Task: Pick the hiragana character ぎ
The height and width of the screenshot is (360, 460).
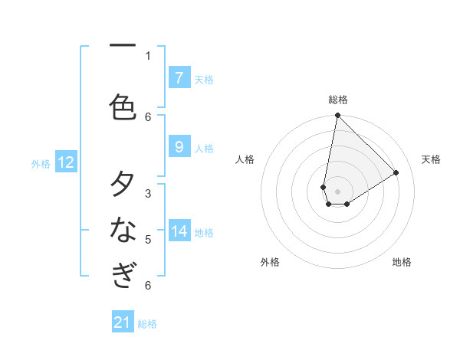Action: click(x=123, y=274)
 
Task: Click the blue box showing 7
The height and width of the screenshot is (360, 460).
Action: click(x=179, y=77)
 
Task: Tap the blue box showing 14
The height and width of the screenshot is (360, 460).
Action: click(x=179, y=231)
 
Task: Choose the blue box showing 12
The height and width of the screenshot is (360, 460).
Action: click(x=66, y=162)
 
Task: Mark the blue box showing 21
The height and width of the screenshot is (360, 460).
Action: click(x=123, y=322)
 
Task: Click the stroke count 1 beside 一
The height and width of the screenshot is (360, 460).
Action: click(x=148, y=55)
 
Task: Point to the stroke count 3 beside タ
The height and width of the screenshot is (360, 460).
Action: click(x=148, y=194)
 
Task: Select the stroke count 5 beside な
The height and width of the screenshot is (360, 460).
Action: click(x=148, y=240)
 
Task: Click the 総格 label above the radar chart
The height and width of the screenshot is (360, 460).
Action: click(x=338, y=100)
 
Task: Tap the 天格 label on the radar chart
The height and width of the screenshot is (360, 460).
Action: click(x=431, y=159)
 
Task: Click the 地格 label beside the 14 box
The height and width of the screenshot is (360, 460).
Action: click(x=204, y=233)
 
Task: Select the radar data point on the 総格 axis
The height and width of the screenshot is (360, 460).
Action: click(x=337, y=116)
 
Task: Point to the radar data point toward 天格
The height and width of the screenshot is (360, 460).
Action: click(x=396, y=172)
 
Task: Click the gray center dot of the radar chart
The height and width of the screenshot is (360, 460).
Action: click(x=337, y=191)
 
